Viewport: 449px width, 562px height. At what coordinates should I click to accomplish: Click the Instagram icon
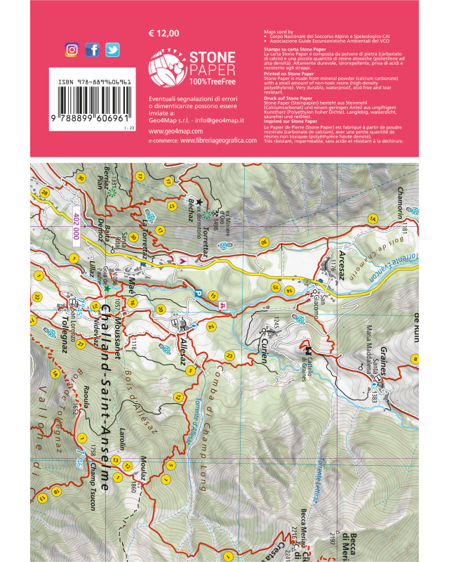[72, 50]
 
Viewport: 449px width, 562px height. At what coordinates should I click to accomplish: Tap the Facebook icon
[92, 50]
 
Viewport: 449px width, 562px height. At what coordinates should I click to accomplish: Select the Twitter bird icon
[112, 50]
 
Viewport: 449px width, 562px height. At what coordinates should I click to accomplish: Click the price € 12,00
[164, 33]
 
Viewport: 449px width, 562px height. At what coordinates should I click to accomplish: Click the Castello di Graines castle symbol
[307, 346]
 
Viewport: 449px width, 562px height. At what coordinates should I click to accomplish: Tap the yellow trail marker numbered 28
[44, 193]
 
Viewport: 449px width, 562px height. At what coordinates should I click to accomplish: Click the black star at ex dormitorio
[199, 202]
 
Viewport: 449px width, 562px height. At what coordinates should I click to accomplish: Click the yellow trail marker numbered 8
[415, 360]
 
